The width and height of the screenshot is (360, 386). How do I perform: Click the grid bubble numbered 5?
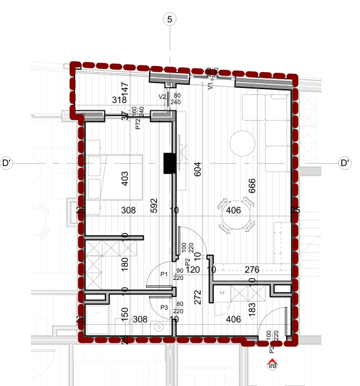(x=170, y=19)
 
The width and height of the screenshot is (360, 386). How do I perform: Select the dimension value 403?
(x=125, y=179)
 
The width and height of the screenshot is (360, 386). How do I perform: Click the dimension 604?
(x=196, y=169)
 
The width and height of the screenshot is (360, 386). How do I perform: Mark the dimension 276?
(x=252, y=268)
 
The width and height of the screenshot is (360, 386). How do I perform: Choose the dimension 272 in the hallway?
(x=196, y=297)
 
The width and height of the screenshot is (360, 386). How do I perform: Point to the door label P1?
(x=164, y=275)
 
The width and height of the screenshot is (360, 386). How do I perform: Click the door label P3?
(x=164, y=307)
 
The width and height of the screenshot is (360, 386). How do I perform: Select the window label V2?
(x=162, y=96)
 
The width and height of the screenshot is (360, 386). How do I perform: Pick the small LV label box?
(x=222, y=292)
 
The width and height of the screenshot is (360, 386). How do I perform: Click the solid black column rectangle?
(x=169, y=162)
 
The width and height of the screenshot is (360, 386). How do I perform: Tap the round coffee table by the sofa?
(x=242, y=143)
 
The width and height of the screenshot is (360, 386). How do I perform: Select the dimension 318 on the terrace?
(x=118, y=100)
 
